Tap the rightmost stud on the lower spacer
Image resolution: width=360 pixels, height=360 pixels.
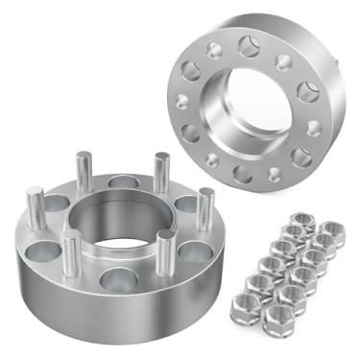(205, 207)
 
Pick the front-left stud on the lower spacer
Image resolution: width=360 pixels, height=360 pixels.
(71, 252)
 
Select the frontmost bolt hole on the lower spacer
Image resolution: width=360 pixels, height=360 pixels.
(117, 281)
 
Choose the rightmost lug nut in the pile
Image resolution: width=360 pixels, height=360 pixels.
(329, 232)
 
